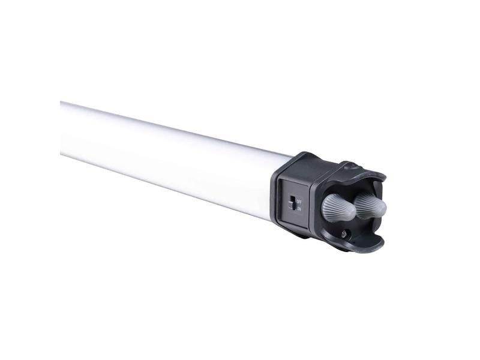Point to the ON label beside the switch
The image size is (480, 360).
(x=299, y=209)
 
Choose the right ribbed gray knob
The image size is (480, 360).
(x=371, y=205)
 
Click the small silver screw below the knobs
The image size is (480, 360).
(x=344, y=233)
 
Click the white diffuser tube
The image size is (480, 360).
(x=168, y=159)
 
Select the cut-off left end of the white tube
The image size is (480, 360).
(x=62, y=128)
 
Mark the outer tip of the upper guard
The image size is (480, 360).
(x=382, y=178)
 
